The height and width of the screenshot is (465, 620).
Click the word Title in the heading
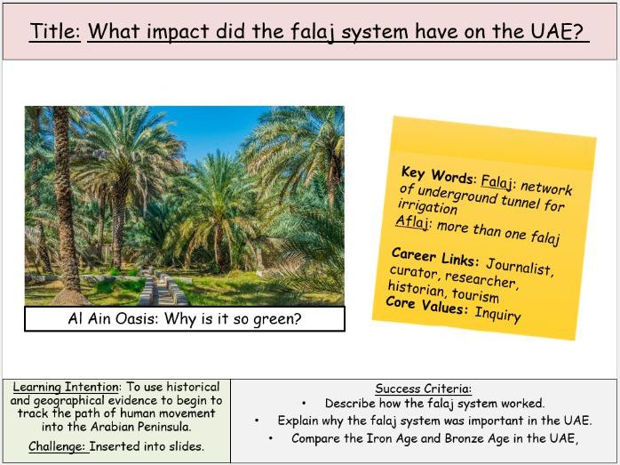click(55, 31)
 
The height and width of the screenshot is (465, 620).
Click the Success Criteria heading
click(423, 389)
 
